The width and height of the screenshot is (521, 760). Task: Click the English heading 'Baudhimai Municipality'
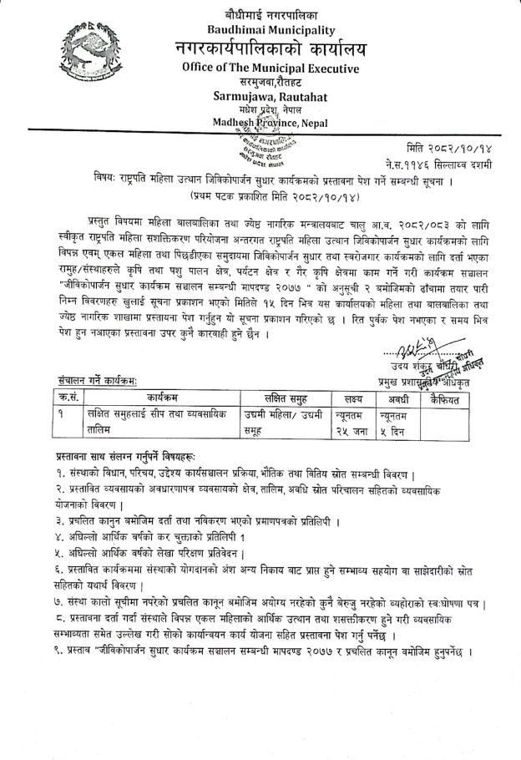[271, 28]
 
